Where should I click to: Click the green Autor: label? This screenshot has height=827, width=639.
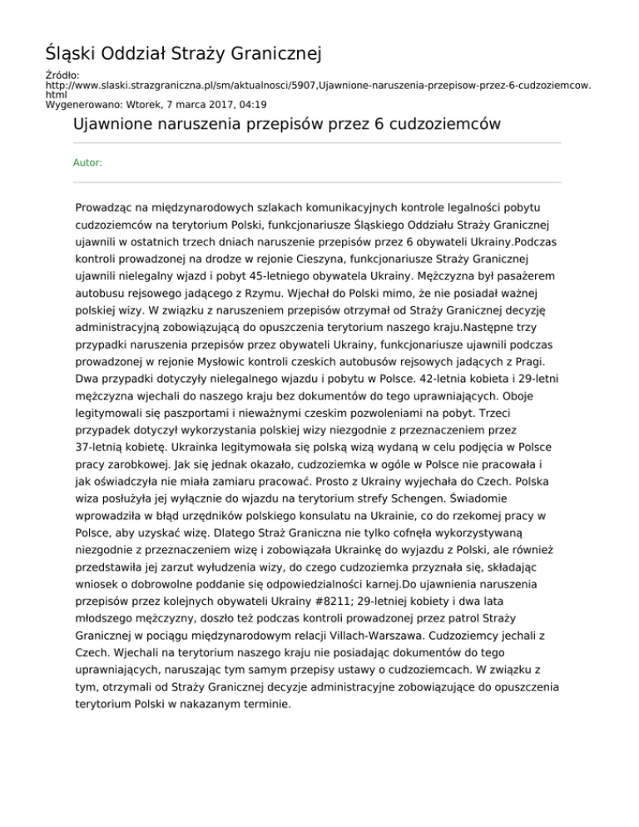pos(88,163)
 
